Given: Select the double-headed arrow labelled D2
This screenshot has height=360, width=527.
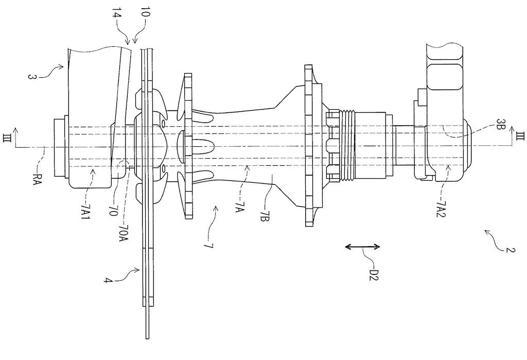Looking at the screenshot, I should (362, 247).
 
